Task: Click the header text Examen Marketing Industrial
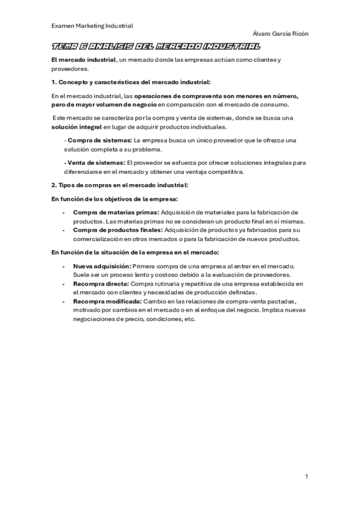point(92,26)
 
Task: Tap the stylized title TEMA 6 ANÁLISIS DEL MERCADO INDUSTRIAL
point(156,47)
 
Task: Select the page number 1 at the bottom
point(307,476)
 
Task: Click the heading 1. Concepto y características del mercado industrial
point(131,81)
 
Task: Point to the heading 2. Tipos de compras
point(120,185)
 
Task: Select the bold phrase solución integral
point(76,127)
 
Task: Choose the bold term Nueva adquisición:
point(101,266)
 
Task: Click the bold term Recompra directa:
point(100,283)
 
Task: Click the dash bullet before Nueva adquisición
point(64,266)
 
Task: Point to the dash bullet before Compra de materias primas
point(64,212)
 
